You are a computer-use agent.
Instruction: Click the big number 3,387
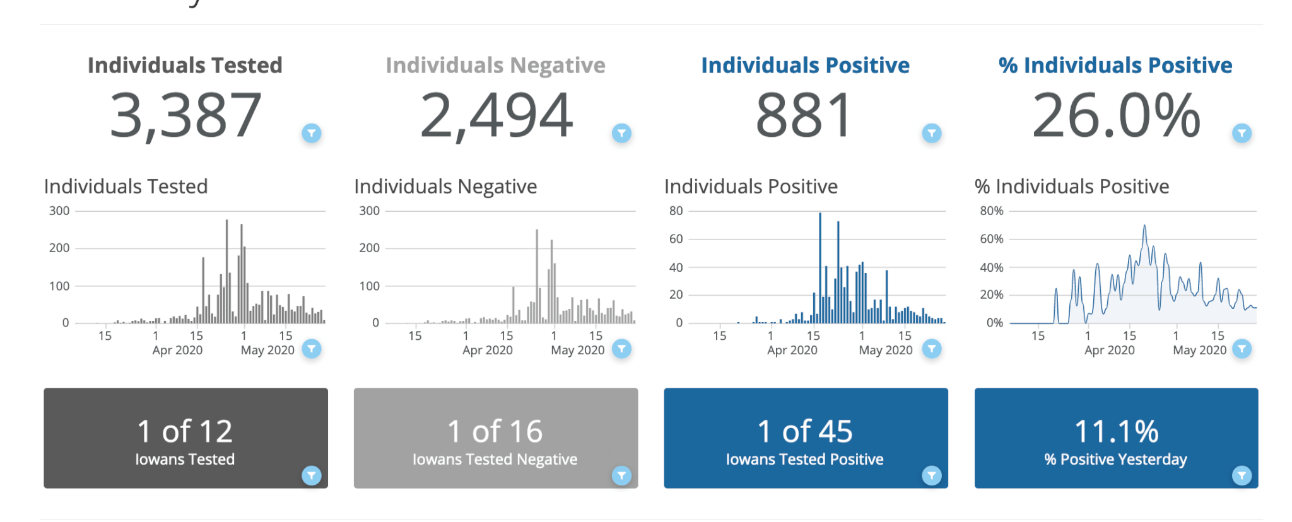(x=185, y=115)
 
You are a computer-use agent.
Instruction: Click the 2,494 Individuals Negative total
(x=496, y=115)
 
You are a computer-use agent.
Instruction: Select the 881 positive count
(x=804, y=115)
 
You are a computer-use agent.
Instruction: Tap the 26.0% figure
(x=1115, y=115)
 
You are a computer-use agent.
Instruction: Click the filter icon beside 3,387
(x=312, y=133)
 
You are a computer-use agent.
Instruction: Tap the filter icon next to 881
(x=932, y=133)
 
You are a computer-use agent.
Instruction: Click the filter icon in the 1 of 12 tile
(x=312, y=475)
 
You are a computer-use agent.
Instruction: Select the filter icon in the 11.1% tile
(x=1242, y=475)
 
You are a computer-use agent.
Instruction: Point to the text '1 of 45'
(x=804, y=432)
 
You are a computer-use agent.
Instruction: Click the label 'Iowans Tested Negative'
(x=495, y=460)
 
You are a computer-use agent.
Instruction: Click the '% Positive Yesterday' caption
(x=1115, y=460)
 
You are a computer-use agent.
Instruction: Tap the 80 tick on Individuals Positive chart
(x=676, y=211)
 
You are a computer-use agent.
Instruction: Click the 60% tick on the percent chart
(x=991, y=239)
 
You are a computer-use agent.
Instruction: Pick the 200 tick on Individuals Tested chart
(x=59, y=248)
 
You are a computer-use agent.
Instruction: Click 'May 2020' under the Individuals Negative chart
(x=577, y=351)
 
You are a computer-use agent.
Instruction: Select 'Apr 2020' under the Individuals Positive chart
(x=792, y=351)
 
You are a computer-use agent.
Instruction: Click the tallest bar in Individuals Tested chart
(x=227, y=271)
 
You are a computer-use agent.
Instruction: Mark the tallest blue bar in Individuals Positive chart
(x=820, y=268)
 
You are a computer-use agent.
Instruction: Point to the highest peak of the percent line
(x=1144, y=226)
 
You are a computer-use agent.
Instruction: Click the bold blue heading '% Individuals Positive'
(x=1115, y=66)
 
